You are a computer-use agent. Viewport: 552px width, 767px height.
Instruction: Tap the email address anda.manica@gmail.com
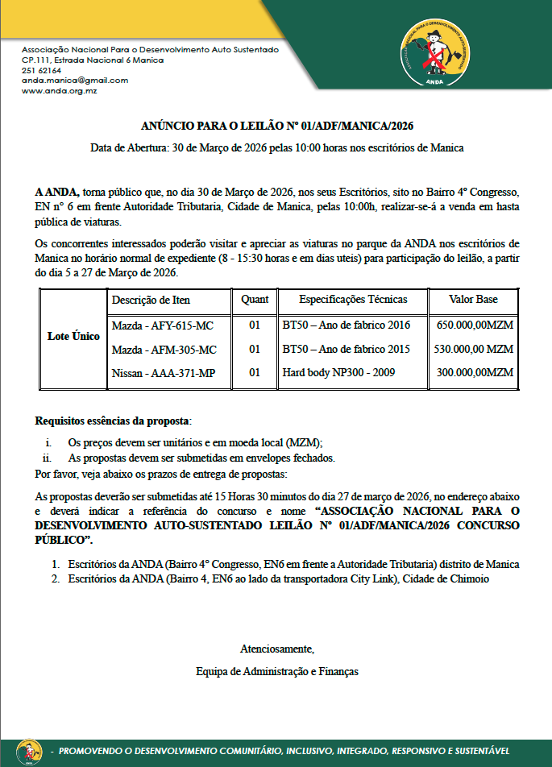pyautogui.click(x=75, y=81)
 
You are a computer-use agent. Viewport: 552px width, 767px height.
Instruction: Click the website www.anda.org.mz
pyautogui.click(x=60, y=91)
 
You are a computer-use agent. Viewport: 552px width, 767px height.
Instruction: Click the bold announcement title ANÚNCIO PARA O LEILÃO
pyautogui.click(x=277, y=126)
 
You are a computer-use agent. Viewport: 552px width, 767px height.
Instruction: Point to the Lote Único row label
pyautogui.click(x=73, y=336)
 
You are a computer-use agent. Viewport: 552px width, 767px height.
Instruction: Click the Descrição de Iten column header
pyautogui.click(x=151, y=300)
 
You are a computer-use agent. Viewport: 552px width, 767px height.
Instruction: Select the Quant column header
pyautogui.click(x=255, y=300)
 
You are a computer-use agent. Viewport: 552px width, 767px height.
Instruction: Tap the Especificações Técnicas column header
pyautogui.click(x=353, y=300)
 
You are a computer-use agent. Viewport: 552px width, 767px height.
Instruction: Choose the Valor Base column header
pyautogui.click(x=473, y=300)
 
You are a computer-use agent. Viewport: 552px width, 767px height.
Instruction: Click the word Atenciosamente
pyautogui.click(x=276, y=649)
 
